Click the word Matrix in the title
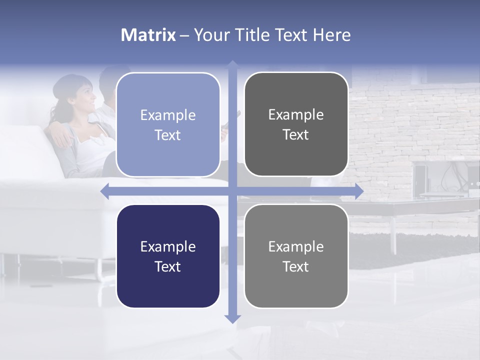pyautogui.click(x=148, y=35)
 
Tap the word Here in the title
pyautogui.click(x=331, y=35)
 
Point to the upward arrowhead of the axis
pyautogui.click(x=232, y=64)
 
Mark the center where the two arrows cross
pyautogui.click(x=232, y=191)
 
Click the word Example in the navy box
pyautogui.click(x=168, y=246)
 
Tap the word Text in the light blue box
pyautogui.click(x=168, y=135)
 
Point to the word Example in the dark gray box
pyautogui.click(x=296, y=114)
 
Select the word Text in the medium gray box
pyautogui.click(x=296, y=266)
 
